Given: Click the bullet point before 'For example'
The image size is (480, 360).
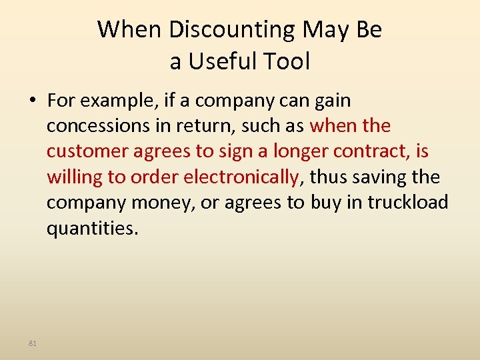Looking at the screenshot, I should (33, 101).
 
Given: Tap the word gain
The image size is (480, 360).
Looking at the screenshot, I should (331, 101).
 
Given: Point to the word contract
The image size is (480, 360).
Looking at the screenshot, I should (370, 151).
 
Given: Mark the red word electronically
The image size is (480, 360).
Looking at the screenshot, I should (241, 177).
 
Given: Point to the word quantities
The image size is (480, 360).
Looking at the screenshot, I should (92, 228).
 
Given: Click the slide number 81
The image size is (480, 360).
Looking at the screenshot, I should (33, 343).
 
